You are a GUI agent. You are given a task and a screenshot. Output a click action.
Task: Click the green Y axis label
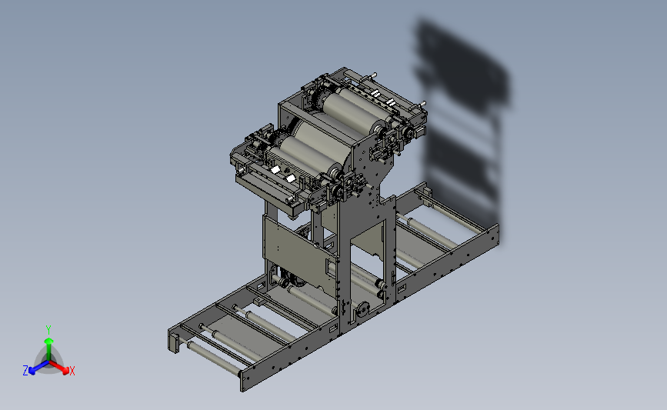tap(48, 330)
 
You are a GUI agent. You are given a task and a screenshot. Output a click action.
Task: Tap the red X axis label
tap(72, 371)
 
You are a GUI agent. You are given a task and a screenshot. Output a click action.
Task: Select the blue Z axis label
tap(25, 371)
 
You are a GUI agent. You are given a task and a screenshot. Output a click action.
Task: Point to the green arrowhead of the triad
tap(49, 341)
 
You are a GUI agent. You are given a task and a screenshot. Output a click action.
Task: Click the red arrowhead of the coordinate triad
tap(65, 371)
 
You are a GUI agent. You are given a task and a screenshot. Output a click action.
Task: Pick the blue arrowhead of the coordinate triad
tap(32, 372)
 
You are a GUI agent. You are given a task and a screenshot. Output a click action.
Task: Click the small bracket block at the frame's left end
tap(174, 343)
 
